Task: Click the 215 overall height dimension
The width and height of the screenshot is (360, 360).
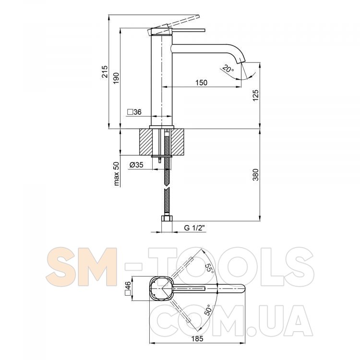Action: pos(105,72)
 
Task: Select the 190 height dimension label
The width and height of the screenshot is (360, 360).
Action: pos(117,78)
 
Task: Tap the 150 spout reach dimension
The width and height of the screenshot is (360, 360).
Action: pos(201,83)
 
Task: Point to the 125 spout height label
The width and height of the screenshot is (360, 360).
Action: pos(255,96)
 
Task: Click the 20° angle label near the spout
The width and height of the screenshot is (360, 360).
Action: pos(228,69)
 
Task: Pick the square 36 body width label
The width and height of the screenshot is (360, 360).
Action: pos(134,112)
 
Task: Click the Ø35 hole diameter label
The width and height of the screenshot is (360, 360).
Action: pos(136,165)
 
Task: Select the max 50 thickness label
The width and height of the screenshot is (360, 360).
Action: pos(117,174)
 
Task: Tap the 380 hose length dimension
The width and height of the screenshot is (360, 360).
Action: pos(255,175)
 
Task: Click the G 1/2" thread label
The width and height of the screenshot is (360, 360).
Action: pos(194,228)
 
